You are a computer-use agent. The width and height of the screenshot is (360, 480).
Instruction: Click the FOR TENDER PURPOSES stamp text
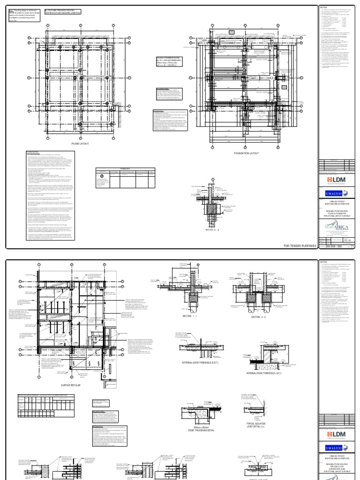click(x=300, y=258)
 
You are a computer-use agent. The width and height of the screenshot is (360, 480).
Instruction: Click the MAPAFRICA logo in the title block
click(x=336, y=230)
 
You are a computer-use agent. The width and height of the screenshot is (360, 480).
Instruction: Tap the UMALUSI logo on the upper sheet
click(x=336, y=193)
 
